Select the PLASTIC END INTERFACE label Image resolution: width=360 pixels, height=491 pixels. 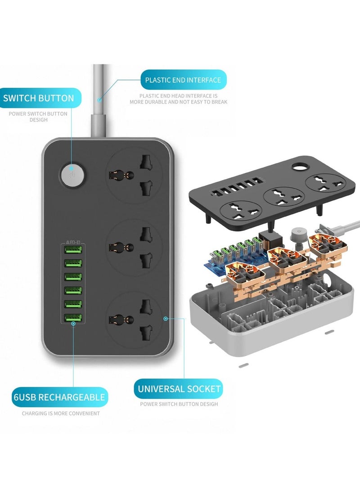pos(183,80)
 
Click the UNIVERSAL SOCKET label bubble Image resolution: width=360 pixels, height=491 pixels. pos(179,388)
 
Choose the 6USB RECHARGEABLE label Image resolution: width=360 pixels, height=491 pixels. pos(59,397)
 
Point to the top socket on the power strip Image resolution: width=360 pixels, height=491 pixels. pos(134,175)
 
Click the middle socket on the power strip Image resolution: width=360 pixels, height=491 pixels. pos(134,246)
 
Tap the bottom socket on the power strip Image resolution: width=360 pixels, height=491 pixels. pos(134,319)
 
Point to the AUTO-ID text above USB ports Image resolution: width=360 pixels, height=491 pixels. pos(73,243)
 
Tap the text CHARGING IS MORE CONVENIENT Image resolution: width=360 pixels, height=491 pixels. pos(61,413)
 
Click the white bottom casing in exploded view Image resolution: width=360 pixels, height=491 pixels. pos(270,324)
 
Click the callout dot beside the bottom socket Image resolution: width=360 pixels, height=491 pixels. pos(166,318)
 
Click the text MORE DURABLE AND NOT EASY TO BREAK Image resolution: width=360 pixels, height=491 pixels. pos(179,102)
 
